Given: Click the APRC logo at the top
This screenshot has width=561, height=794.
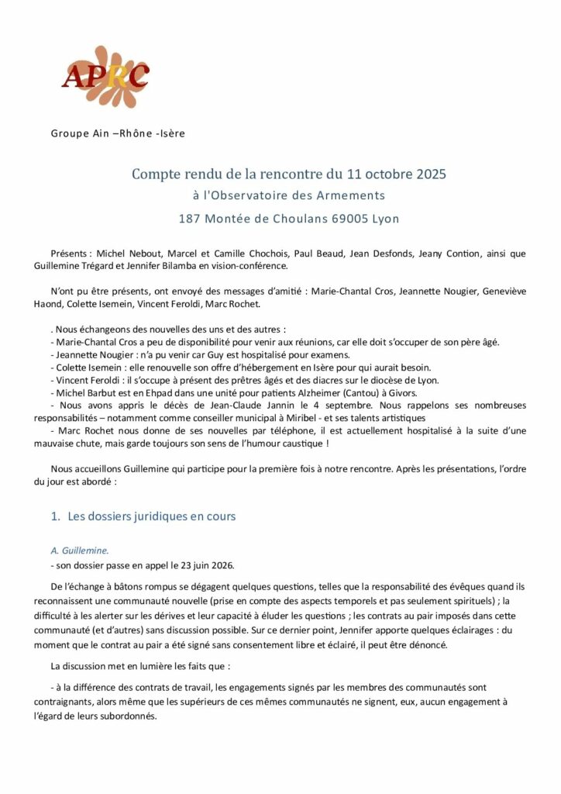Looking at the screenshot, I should [x=105, y=76].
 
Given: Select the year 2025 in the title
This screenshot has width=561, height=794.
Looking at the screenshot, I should [x=428, y=174].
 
